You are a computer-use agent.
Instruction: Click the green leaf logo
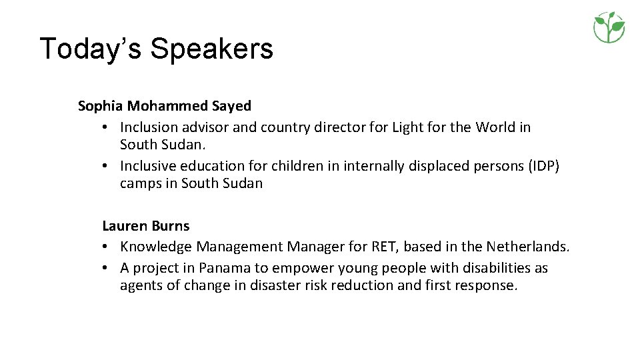pos(609,27)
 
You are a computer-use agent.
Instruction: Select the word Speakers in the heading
pos(211,49)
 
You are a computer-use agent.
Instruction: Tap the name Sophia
pos(100,106)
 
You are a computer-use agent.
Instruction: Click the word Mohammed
pos(167,106)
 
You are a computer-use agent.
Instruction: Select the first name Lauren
pos(125,226)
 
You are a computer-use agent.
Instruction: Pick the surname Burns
pos(171,226)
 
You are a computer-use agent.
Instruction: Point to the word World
pos(495,127)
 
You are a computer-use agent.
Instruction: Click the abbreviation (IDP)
pos(544,165)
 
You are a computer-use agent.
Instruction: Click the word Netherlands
pos(527,247)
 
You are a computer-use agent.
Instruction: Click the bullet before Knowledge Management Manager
pos(107,247)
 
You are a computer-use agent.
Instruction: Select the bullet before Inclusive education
pos(107,165)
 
